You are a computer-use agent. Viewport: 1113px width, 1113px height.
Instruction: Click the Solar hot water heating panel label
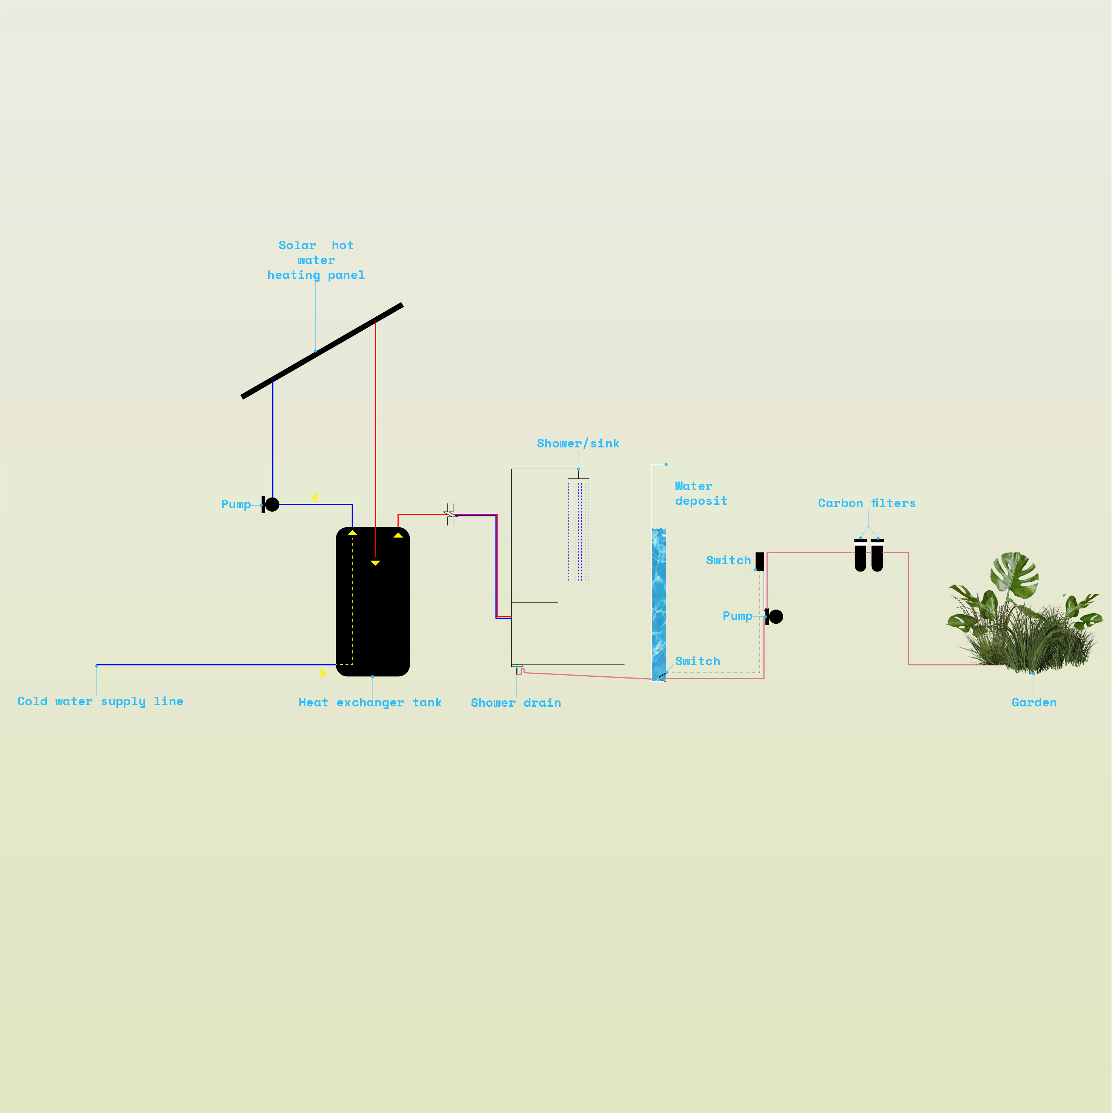[x=316, y=260]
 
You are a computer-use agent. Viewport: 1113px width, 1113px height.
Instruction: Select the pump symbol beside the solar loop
[x=271, y=505]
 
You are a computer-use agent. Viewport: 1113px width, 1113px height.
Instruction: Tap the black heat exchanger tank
[x=373, y=611]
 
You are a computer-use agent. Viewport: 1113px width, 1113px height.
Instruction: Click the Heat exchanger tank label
[x=370, y=702]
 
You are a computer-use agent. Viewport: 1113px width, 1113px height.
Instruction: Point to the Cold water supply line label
[x=100, y=701]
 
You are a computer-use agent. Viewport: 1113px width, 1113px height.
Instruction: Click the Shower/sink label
[x=578, y=444]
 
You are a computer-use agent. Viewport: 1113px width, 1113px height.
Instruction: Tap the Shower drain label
[x=516, y=703]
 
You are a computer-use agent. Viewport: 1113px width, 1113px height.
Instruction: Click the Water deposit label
[x=700, y=494]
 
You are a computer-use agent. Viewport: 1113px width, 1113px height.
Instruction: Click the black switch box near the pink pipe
[x=760, y=562]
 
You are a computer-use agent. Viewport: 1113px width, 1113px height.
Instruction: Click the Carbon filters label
[x=866, y=503]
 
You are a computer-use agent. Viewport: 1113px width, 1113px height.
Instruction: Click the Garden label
[x=1034, y=702]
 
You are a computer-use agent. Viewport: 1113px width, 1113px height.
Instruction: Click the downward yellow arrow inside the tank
[x=375, y=563]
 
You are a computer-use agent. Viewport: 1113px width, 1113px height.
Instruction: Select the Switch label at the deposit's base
[x=697, y=661]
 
